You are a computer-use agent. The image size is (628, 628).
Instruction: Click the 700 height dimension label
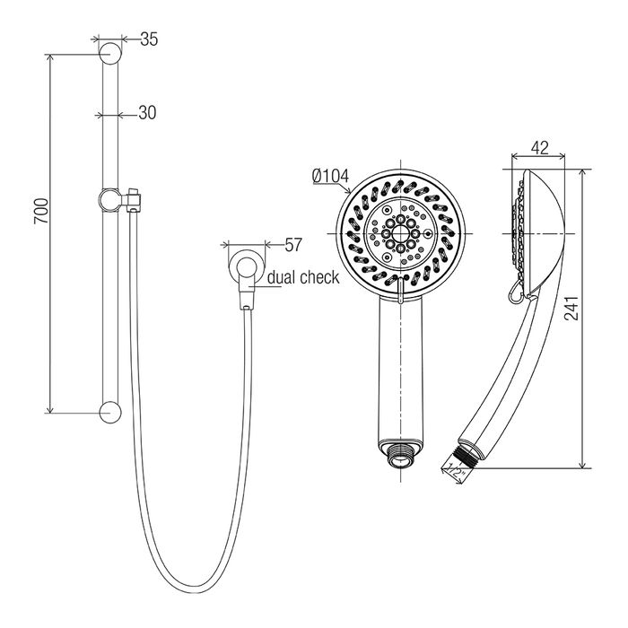tap(41, 211)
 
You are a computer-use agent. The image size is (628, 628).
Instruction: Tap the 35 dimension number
tap(149, 39)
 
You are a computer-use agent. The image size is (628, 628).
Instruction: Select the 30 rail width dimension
tap(147, 113)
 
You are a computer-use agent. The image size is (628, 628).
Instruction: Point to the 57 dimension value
tap(293, 245)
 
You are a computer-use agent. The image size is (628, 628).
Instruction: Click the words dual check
tap(303, 277)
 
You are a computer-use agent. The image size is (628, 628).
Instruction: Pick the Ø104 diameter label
tap(331, 176)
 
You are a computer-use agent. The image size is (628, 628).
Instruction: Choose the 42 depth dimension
tap(539, 148)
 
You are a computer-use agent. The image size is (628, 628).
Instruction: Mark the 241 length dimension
tap(571, 308)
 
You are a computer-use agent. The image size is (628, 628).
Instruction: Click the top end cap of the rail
tap(110, 53)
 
